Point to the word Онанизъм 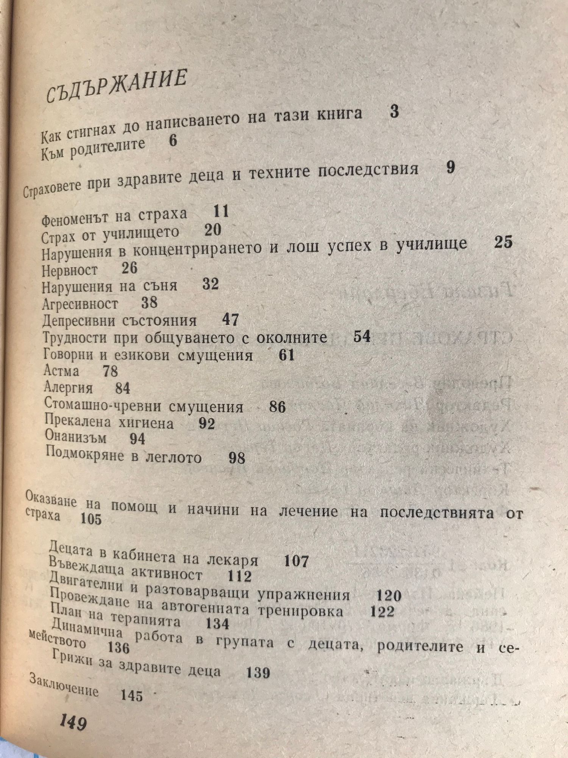pos(76,437)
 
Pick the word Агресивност pos(80,304)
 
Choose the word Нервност pos(70,270)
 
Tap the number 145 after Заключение pos(132,695)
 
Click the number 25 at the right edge pos(503,242)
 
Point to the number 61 pos(286,356)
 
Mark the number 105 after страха pos(91,518)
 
